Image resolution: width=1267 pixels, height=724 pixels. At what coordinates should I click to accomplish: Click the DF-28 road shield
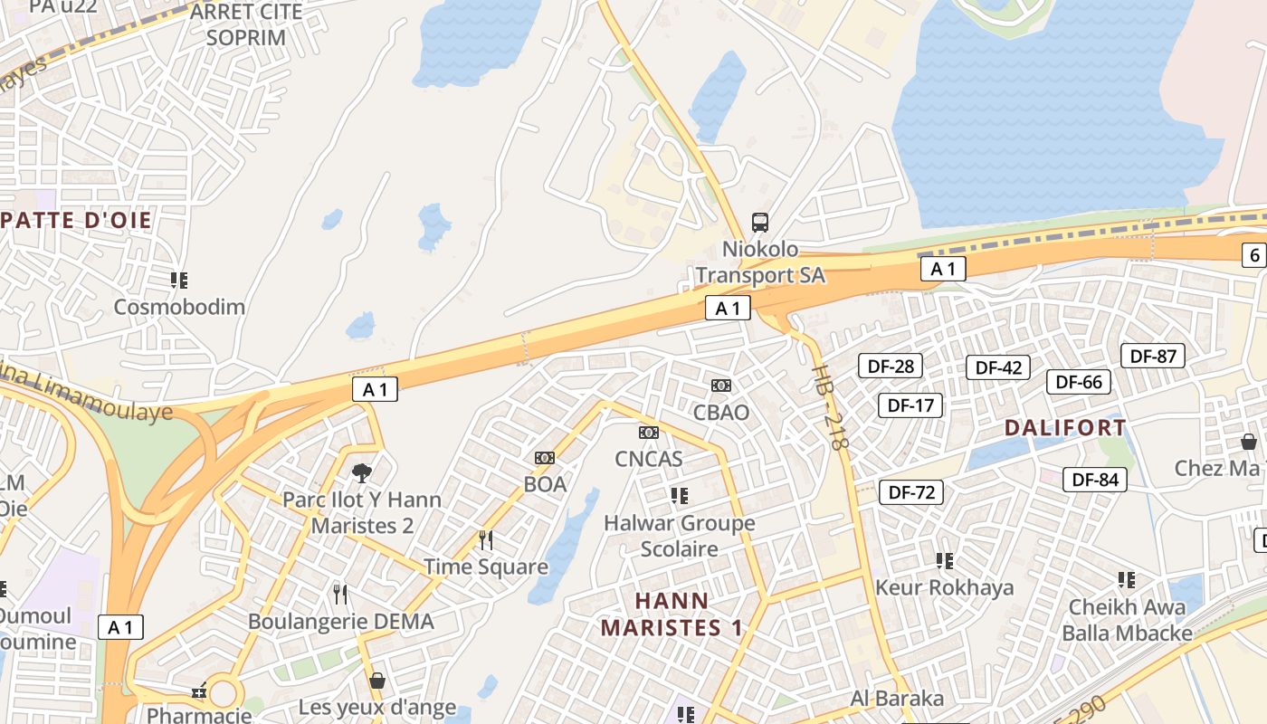pyautogui.click(x=891, y=366)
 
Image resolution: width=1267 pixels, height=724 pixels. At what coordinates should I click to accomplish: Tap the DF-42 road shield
pyautogui.click(x=998, y=367)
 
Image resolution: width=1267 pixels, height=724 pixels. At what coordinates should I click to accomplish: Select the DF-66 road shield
pyautogui.click(x=1079, y=382)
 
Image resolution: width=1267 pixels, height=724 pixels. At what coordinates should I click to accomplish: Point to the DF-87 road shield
pyautogui.click(x=1153, y=356)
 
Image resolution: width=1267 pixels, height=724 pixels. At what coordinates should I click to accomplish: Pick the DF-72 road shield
pyautogui.click(x=911, y=492)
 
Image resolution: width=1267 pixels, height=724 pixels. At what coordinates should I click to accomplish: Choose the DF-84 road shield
pyautogui.click(x=1095, y=480)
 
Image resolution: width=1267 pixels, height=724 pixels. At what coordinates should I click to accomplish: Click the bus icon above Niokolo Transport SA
pyautogui.click(x=760, y=222)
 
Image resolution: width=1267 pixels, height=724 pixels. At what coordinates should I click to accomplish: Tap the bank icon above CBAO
pyautogui.click(x=721, y=386)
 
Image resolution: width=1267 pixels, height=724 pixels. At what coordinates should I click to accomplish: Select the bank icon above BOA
pyautogui.click(x=545, y=458)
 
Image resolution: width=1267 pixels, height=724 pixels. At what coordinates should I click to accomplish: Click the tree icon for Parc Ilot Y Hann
pyautogui.click(x=362, y=472)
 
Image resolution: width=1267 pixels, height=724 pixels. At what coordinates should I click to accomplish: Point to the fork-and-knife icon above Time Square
pyautogui.click(x=486, y=540)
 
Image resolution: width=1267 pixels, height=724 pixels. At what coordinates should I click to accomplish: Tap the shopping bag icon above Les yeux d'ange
pyautogui.click(x=377, y=681)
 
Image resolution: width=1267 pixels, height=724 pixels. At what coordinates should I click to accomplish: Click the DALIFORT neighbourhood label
pyautogui.click(x=1065, y=427)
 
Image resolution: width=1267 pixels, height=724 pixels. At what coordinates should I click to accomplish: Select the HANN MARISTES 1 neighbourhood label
pyautogui.click(x=672, y=614)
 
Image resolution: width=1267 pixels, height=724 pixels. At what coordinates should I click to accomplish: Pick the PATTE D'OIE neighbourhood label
pyautogui.click(x=76, y=220)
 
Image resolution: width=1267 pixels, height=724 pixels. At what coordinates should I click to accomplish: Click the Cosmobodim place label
pyautogui.click(x=179, y=307)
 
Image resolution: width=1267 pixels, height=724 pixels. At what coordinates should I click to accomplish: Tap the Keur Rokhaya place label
pyautogui.click(x=944, y=587)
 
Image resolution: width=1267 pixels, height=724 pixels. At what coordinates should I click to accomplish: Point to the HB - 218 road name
pyautogui.click(x=831, y=407)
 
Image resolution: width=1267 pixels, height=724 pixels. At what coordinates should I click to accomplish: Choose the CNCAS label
pyautogui.click(x=649, y=459)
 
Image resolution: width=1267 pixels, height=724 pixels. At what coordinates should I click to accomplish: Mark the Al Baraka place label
pyautogui.click(x=897, y=699)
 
